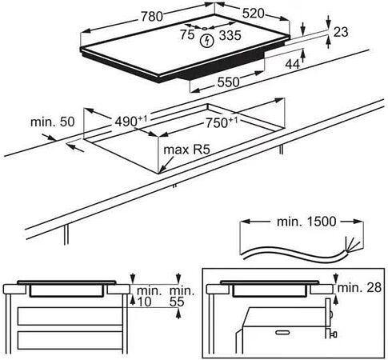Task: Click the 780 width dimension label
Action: [x=151, y=17]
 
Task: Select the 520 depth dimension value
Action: [x=253, y=14]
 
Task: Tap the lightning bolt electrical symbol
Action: [x=206, y=41]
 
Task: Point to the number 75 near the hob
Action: [x=187, y=34]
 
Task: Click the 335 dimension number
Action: [x=230, y=35]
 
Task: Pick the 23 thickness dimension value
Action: [x=341, y=32]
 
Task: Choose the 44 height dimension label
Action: [x=293, y=64]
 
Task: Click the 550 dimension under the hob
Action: [x=228, y=82]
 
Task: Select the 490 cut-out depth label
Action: [x=131, y=122]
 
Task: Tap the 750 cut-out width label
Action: [x=222, y=122]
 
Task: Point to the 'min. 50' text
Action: [x=53, y=122]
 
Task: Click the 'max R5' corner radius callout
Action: [x=186, y=150]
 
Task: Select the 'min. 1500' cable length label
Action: [x=306, y=222]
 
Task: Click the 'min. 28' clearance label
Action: [x=359, y=288]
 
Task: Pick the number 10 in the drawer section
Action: [x=144, y=302]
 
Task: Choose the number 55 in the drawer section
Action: [x=177, y=302]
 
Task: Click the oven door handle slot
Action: [x=282, y=332]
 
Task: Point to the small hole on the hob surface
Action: [x=205, y=28]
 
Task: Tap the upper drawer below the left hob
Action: [x=70, y=316]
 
